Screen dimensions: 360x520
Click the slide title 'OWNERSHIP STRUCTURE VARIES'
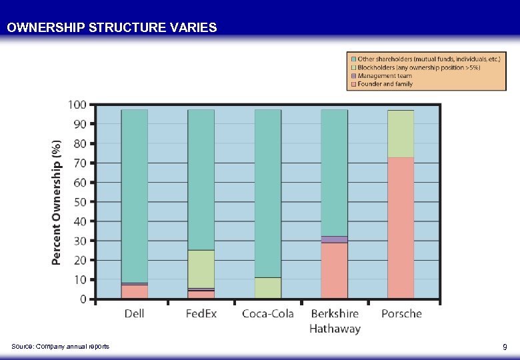tap(111, 28)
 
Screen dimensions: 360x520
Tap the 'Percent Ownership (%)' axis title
tap(57, 201)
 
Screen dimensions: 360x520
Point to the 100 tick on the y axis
tap(77, 105)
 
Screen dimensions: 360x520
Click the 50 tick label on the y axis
tap(80, 202)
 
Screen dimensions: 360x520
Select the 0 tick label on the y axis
tap(83, 299)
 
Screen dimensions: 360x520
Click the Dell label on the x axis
tap(134, 313)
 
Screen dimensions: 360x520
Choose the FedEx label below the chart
tap(201, 313)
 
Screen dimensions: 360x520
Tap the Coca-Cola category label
tap(267, 313)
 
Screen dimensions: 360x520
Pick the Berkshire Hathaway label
tap(335, 321)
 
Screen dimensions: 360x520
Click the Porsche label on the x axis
tap(401, 313)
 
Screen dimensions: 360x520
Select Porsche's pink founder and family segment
tap(401, 227)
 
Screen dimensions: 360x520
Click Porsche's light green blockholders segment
tap(401, 134)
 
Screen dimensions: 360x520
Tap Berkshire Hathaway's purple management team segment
tap(334, 239)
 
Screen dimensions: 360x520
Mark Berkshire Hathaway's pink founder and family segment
tap(334, 270)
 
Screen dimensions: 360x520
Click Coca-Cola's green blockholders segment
tap(267, 287)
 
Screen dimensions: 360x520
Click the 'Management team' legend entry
tap(385, 76)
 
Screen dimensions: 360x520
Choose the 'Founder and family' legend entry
tap(385, 84)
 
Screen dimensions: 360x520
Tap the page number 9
tap(505, 347)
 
